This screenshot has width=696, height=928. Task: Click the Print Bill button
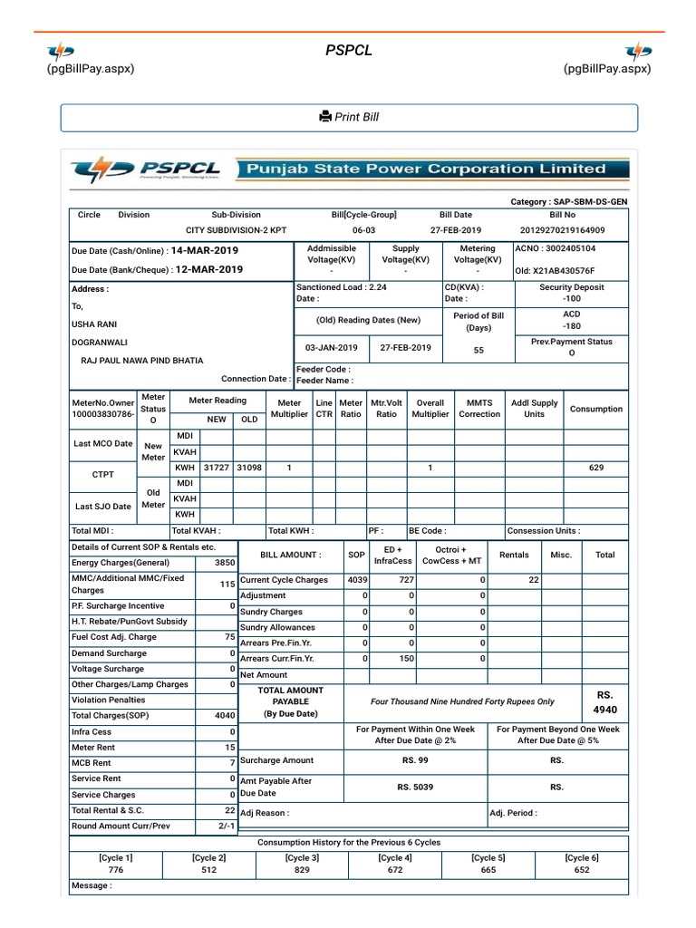point(349,118)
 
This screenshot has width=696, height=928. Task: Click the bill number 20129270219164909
point(562,230)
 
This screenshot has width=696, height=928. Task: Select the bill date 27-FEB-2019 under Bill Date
point(456,230)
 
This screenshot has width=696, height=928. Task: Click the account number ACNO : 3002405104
point(556,247)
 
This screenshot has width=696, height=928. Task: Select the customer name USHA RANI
point(95,324)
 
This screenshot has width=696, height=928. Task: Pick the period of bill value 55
point(478,349)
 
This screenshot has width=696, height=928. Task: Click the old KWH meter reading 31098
point(249,468)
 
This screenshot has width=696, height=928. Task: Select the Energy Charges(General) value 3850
point(224,562)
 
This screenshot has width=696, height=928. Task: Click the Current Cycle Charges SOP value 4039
point(356,579)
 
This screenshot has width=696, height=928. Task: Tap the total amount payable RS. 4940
point(604,702)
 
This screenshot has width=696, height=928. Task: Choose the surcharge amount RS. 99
point(415,760)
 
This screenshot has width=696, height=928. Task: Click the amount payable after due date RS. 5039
point(415,787)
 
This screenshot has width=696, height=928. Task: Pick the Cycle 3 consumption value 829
point(302,869)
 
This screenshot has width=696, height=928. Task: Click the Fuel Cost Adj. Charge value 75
point(230,637)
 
